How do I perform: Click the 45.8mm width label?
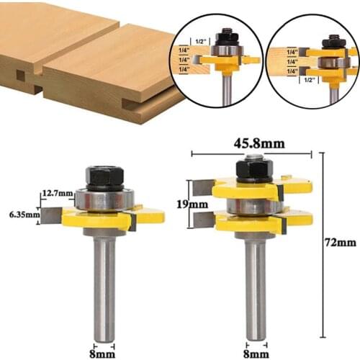click(x=251, y=144)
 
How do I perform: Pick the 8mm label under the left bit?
click(x=106, y=353)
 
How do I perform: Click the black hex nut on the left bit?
click(x=105, y=176)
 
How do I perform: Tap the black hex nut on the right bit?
click(x=253, y=168)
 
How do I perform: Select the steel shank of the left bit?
click(x=105, y=288)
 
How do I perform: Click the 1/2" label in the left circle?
click(x=202, y=40)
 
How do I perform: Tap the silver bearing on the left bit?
click(x=105, y=199)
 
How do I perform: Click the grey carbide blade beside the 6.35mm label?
click(x=52, y=214)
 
